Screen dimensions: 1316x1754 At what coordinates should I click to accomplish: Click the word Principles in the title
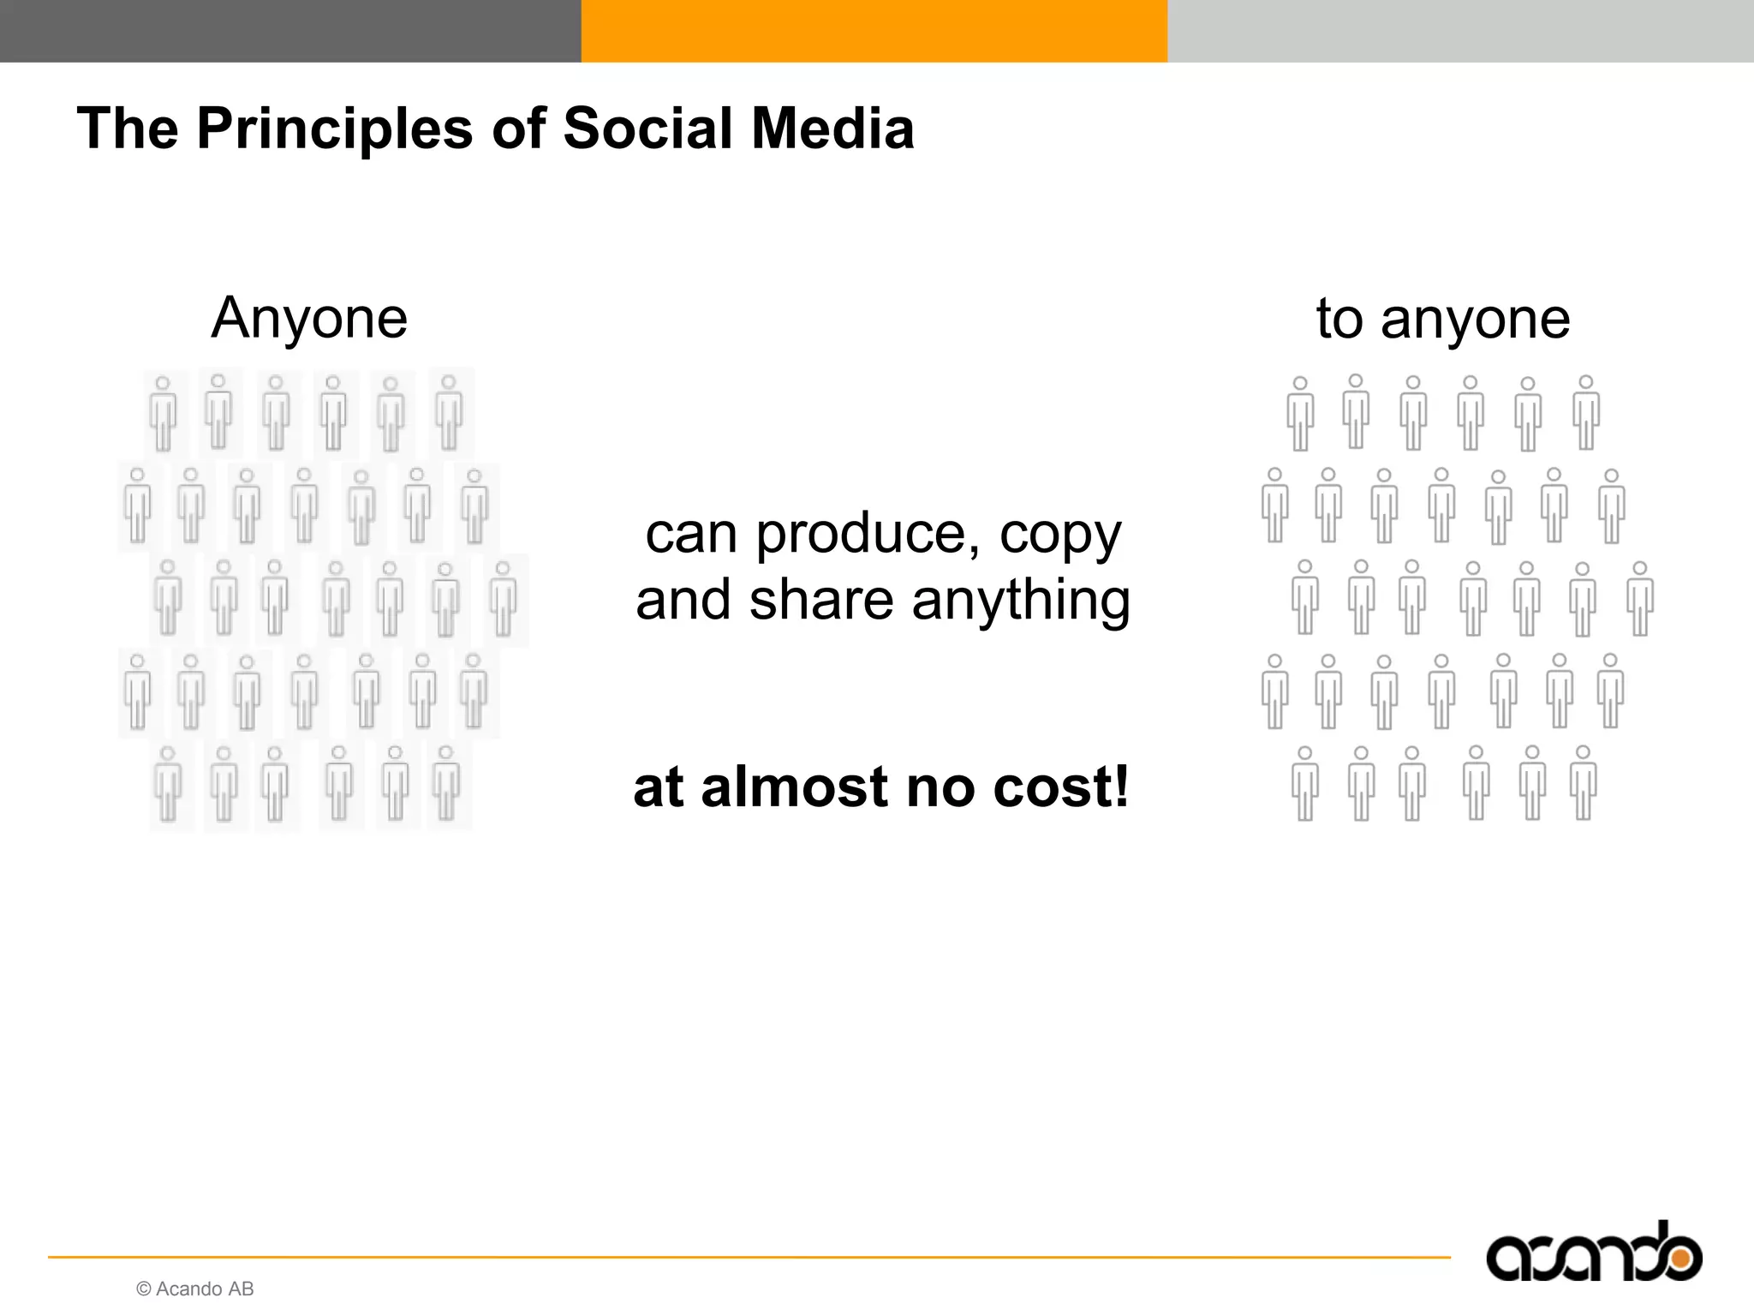(x=335, y=129)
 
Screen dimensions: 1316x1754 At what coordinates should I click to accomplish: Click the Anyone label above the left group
(x=309, y=318)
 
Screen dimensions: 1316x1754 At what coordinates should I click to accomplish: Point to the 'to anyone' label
(x=1443, y=318)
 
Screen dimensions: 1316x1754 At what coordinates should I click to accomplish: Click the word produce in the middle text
(x=867, y=535)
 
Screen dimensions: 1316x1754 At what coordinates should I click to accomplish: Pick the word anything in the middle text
(x=1021, y=601)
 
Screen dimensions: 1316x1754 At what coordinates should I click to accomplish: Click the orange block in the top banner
(x=874, y=31)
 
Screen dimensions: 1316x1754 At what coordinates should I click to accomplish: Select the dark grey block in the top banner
(x=290, y=31)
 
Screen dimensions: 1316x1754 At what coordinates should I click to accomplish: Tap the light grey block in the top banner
(x=1460, y=31)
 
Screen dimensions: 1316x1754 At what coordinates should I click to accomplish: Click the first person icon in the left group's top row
(x=163, y=412)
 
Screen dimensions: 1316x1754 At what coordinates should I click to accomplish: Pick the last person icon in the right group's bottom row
(x=1583, y=783)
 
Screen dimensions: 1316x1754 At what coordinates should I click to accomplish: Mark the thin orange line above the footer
(x=749, y=1257)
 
